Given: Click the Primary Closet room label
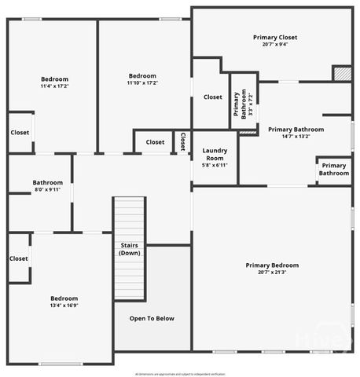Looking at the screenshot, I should point(274,37).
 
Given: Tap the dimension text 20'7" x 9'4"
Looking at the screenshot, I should point(274,45).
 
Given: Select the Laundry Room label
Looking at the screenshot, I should point(215,153).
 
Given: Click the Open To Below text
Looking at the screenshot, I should point(152,318).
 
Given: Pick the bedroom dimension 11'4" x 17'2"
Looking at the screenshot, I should point(54,86).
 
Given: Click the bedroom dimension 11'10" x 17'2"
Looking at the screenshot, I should point(142,82).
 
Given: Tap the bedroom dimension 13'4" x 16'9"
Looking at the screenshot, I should point(64,306).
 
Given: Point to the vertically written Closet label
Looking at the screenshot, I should point(182,142).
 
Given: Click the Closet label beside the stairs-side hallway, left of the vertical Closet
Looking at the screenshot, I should point(155,142).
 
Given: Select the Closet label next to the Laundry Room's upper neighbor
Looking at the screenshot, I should point(212,97).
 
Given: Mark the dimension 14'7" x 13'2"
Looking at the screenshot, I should point(296,137).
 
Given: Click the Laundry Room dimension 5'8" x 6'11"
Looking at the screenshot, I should point(215,165).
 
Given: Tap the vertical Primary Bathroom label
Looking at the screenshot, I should point(243,102).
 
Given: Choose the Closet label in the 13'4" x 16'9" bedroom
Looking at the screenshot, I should point(19,258).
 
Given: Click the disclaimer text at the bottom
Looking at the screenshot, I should point(180,373).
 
